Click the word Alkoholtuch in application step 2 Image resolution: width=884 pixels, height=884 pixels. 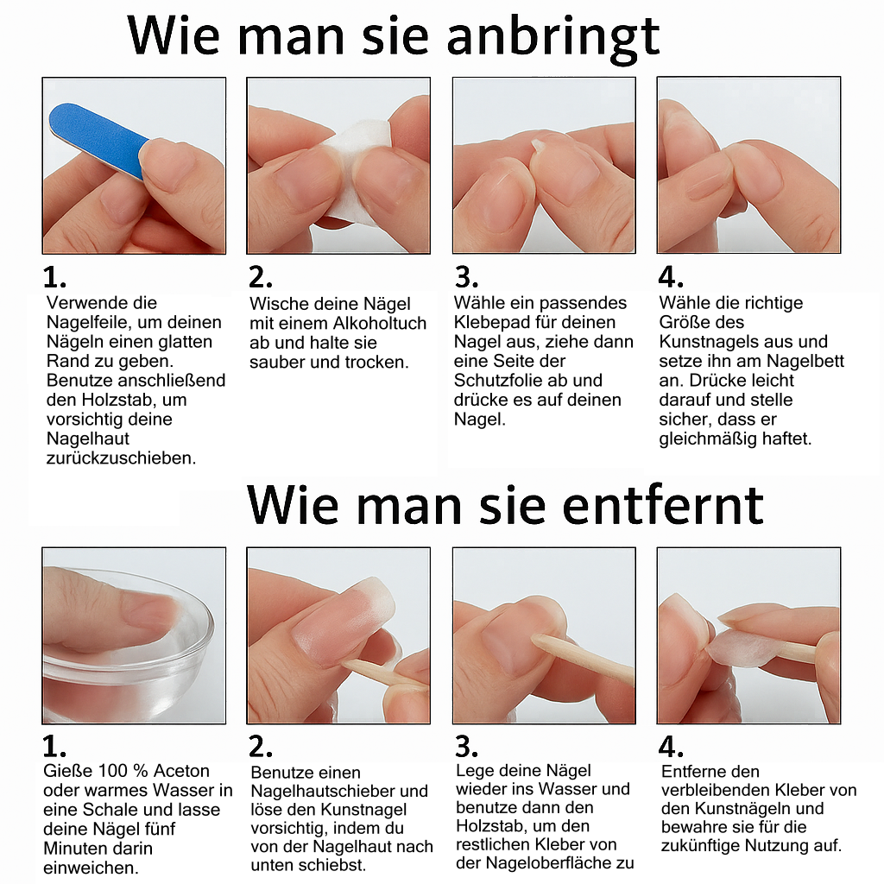(x=380, y=324)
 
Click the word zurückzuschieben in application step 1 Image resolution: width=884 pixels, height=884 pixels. (x=122, y=458)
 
